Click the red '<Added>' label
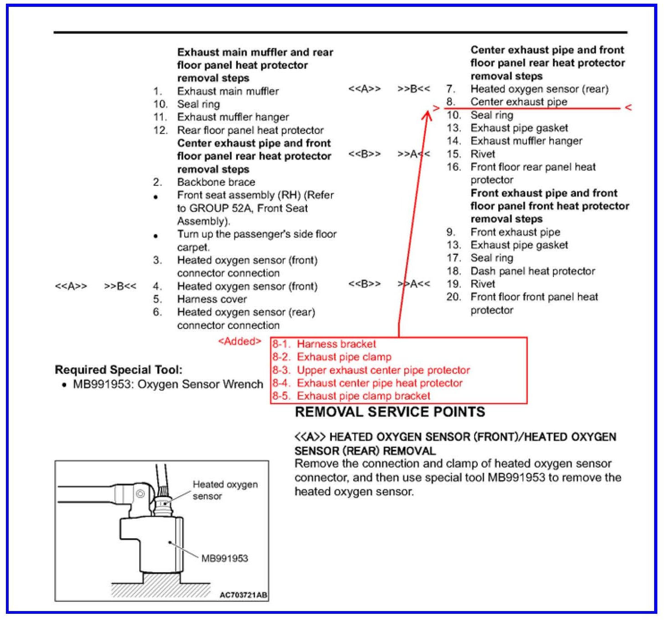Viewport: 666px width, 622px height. pos(239,341)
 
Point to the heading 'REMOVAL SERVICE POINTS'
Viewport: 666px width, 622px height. pos(390,412)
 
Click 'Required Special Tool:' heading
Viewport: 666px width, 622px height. pos(119,370)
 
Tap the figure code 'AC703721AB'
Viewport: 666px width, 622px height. pos(243,595)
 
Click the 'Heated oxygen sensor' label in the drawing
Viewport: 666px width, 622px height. pos(225,490)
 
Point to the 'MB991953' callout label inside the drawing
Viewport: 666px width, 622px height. pos(224,558)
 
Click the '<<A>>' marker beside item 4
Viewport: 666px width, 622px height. pos(71,286)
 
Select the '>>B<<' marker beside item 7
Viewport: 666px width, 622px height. pos(413,89)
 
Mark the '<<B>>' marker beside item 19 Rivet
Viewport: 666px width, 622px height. pos(364,284)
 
